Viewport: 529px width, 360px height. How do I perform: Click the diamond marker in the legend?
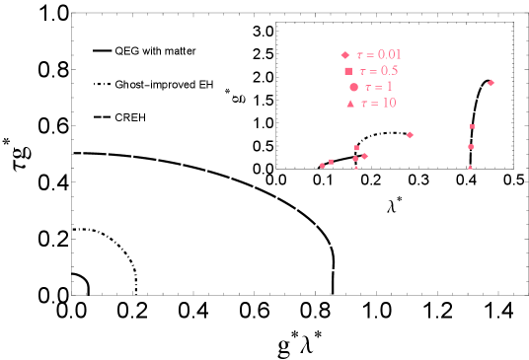(344, 55)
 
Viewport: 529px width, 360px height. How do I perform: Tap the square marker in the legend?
(348, 71)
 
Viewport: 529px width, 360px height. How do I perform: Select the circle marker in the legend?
(353, 87)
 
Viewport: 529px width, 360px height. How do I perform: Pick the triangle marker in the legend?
(350, 104)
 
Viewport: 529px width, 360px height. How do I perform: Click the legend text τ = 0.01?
(379, 55)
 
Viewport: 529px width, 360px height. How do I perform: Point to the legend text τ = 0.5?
(379, 71)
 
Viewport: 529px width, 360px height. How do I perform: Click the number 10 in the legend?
(389, 103)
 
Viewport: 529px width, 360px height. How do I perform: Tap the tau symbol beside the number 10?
(364, 103)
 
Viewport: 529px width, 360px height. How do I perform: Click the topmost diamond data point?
(491, 83)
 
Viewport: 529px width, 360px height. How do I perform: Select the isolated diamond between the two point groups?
(410, 135)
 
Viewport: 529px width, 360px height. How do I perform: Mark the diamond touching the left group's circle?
(364, 156)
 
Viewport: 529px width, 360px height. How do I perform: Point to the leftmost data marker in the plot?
(322, 166)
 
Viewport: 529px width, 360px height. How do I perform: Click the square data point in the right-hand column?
(472, 126)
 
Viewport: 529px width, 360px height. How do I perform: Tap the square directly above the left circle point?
(356, 148)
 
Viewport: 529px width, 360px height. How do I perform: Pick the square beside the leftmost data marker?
(331, 162)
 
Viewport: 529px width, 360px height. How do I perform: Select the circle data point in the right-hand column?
(471, 147)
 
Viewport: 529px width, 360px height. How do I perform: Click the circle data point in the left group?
(355, 159)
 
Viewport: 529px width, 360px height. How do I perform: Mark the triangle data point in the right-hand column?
(470, 167)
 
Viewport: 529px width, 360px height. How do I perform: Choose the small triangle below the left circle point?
(356, 167)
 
